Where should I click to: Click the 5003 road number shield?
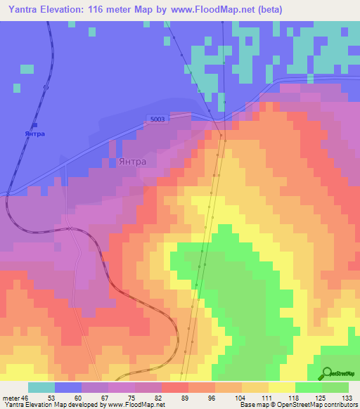pyautogui.click(x=157, y=119)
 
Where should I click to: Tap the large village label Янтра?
pyautogui.click(x=133, y=161)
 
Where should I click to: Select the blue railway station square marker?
pyautogui.click(x=34, y=125)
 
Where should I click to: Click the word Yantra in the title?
pyautogui.click(x=25, y=10)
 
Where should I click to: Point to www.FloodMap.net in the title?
pyautogui.click(x=210, y=10)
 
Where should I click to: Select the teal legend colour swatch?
pyautogui.click(x=41, y=387)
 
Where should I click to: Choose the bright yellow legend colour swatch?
pyautogui.click(x=281, y=387)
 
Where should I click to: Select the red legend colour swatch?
pyautogui.click(x=175, y=387)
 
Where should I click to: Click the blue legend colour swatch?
pyautogui.click(x=68, y=387)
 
